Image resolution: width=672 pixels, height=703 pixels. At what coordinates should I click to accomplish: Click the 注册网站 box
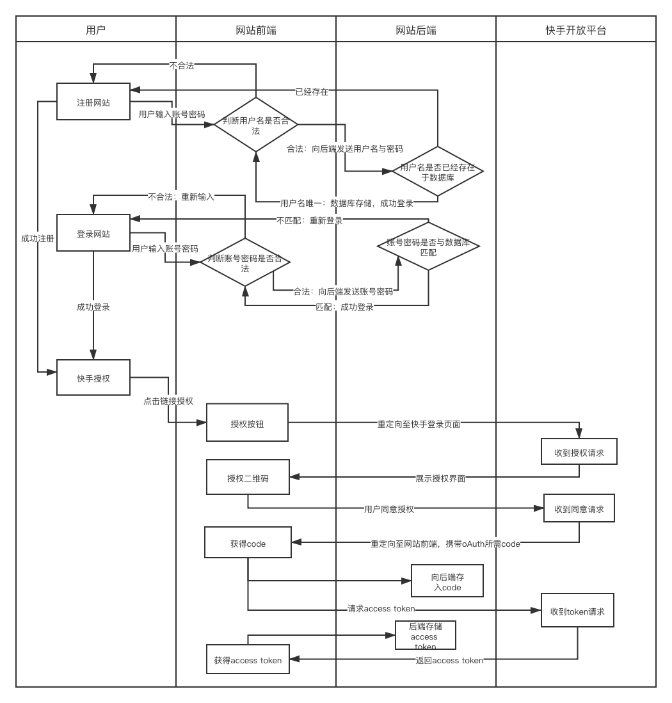(x=93, y=102)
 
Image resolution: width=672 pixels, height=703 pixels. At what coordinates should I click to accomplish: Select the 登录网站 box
(x=93, y=234)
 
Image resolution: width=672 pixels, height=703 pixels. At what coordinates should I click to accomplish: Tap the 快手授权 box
(x=93, y=378)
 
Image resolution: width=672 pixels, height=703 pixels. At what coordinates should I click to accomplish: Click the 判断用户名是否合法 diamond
(x=256, y=125)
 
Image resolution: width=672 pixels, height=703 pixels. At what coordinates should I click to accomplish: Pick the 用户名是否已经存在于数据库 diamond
(x=437, y=172)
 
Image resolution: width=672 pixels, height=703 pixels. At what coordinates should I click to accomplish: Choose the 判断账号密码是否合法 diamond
(x=245, y=263)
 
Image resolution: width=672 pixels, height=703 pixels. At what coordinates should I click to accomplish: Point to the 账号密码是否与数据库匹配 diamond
(x=428, y=246)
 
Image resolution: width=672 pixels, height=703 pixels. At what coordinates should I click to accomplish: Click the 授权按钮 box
(x=247, y=423)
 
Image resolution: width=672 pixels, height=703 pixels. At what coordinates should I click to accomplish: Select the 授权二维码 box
(x=248, y=477)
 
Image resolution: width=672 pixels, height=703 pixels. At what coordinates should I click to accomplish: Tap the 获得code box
(x=248, y=543)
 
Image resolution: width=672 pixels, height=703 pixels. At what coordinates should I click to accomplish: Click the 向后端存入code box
(x=447, y=581)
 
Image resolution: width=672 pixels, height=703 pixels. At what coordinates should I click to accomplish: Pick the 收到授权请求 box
(x=579, y=452)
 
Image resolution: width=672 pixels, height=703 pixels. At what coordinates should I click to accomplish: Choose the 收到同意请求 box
(x=579, y=509)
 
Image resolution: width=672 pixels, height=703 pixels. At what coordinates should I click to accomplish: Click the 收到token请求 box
(x=577, y=610)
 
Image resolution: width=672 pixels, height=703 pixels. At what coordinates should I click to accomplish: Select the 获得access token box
(x=248, y=659)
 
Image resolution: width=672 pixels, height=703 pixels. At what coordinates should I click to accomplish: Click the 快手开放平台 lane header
(x=576, y=29)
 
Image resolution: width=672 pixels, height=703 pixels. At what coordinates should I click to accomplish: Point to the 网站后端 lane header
(x=416, y=29)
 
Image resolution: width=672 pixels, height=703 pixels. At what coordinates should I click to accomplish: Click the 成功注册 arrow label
(x=38, y=238)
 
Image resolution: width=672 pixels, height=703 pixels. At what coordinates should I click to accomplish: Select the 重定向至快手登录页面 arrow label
(x=419, y=424)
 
